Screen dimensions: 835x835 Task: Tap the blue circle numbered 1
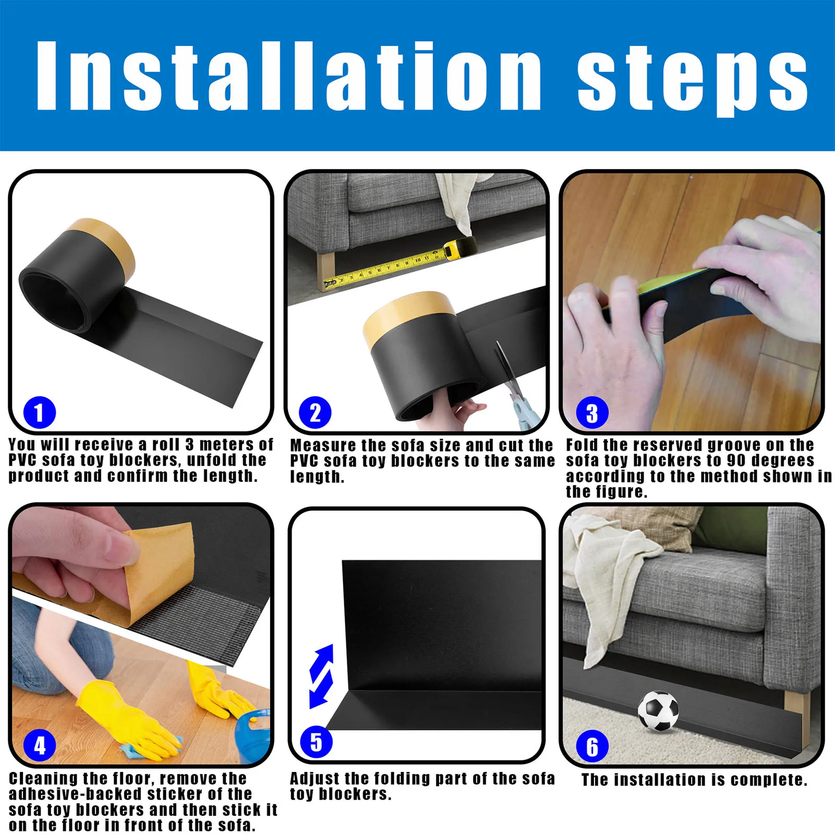[40, 412]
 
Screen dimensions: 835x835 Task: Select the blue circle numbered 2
[315, 413]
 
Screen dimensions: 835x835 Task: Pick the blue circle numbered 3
[592, 413]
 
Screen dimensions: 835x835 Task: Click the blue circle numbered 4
[40, 746]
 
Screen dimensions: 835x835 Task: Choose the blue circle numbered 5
[316, 742]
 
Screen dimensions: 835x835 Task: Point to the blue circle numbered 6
[592, 746]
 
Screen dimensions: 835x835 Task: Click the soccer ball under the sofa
[658, 711]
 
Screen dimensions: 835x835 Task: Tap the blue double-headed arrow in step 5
[322, 676]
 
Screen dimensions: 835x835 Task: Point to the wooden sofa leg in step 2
[325, 269]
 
